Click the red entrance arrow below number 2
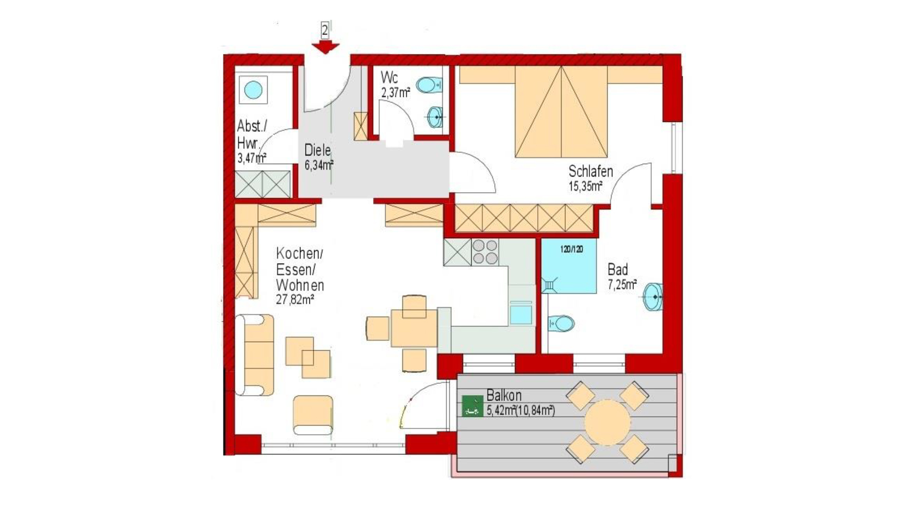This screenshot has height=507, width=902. tap(325, 47)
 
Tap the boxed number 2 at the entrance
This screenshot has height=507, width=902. tap(325, 31)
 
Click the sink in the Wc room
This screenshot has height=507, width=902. tap(435, 117)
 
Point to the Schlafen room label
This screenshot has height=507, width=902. tap(591, 171)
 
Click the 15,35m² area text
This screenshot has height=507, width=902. tap(585, 186)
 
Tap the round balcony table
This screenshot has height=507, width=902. tap(607, 422)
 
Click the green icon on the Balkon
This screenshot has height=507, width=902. tap(472, 406)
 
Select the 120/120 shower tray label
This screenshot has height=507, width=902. tap(571, 249)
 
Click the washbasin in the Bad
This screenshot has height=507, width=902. tap(653, 297)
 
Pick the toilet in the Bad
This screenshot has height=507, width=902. tap(561, 323)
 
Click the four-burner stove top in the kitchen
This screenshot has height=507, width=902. tap(485, 252)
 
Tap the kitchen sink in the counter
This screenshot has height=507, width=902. tap(521, 314)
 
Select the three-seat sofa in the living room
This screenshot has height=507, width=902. tap(255, 355)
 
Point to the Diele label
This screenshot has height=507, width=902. tap(318, 150)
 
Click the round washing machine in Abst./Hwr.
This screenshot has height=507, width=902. tap(253, 90)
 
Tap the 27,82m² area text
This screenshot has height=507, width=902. tap(295, 300)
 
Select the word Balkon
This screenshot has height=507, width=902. tap(504, 395)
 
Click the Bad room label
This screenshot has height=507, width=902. tap(617, 269)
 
